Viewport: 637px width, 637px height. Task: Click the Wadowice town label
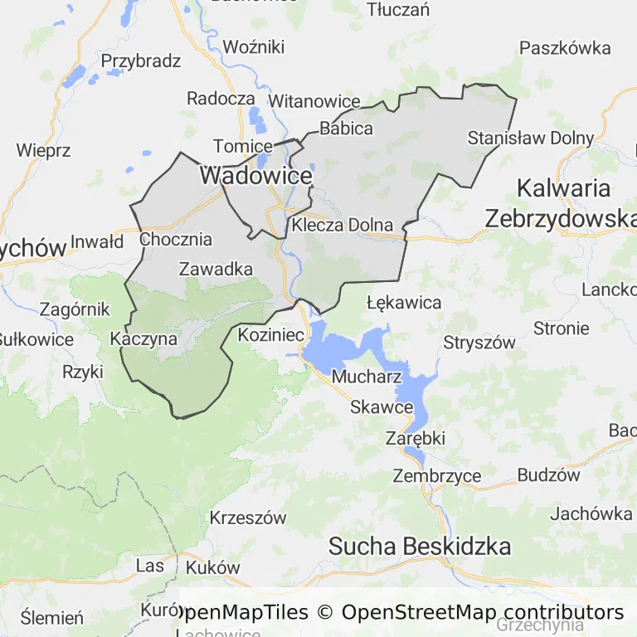tap(255, 176)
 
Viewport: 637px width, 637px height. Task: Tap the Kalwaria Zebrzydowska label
tap(562, 203)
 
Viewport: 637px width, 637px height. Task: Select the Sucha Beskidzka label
tap(420, 547)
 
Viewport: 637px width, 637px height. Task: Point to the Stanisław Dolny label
tap(531, 138)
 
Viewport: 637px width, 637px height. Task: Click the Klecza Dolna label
tap(342, 225)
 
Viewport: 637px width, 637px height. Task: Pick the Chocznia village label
tap(176, 240)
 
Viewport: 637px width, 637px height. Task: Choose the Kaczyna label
tap(143, 339)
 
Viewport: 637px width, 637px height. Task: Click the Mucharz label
tap(367, 377)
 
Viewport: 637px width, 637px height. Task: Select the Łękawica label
tap(404, 302)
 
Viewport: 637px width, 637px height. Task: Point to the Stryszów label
tap(479, 342)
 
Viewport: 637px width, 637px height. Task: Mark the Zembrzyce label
tap(437, 476)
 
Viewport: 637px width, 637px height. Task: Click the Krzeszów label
tap(248, 518)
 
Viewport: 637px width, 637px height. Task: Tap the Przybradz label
tap(141, 61)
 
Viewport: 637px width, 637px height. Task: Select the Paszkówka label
tap(565, 48)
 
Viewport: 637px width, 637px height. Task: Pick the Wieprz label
tap(43, 151)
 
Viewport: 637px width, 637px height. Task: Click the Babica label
tap(346, 129)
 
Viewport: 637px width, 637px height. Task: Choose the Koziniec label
tap(271, 335)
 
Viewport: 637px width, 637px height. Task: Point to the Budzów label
tap(548, 475)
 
